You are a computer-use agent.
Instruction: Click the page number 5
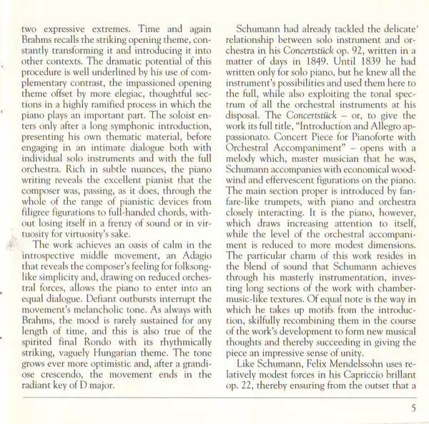[x=413, y=408]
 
